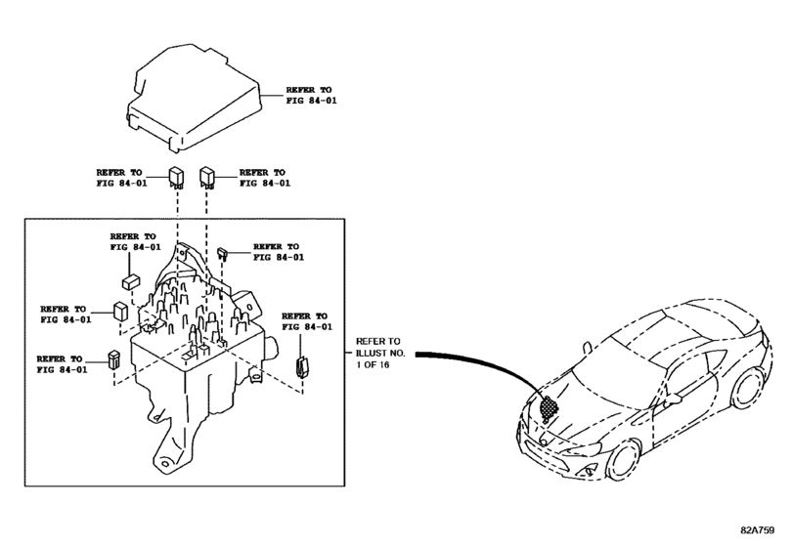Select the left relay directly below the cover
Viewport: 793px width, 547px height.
[x=176, y=178]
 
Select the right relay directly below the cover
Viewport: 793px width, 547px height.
[x=207, y=178]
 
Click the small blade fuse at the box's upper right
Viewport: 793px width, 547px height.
[x=223, y=253]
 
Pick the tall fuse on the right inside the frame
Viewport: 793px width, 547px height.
[x=301, y=365]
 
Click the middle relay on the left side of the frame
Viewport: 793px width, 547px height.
[x=120, y=312]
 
